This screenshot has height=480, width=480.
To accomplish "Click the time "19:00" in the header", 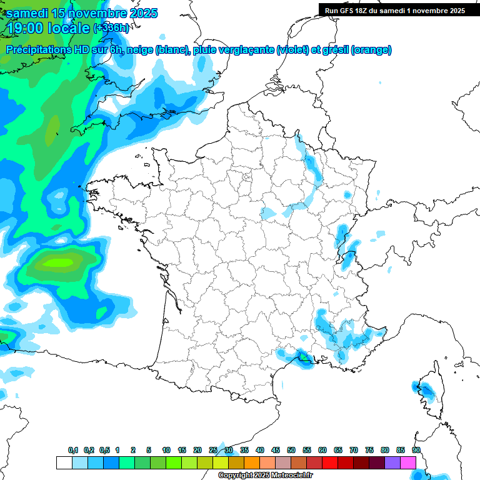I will [25, 27].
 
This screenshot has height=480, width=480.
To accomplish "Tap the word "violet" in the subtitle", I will [292, 50].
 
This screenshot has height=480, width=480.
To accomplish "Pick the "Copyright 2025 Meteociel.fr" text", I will [266, 476].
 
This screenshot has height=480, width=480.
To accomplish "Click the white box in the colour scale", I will [64, 462].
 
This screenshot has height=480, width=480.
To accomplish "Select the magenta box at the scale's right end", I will [408, 462].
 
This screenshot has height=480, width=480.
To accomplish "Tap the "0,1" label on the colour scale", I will [73, 451].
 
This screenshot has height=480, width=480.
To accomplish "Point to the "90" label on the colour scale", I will [416, 451].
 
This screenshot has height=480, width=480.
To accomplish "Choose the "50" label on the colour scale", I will [291, 451].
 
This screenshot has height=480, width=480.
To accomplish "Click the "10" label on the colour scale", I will [166, 451].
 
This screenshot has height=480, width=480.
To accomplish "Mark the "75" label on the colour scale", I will [369, 451].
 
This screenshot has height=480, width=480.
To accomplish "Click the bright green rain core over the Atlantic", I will [64, 262].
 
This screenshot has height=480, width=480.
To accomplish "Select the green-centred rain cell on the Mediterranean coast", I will [302, 356].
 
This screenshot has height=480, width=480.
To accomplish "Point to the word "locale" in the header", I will [68, 27].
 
